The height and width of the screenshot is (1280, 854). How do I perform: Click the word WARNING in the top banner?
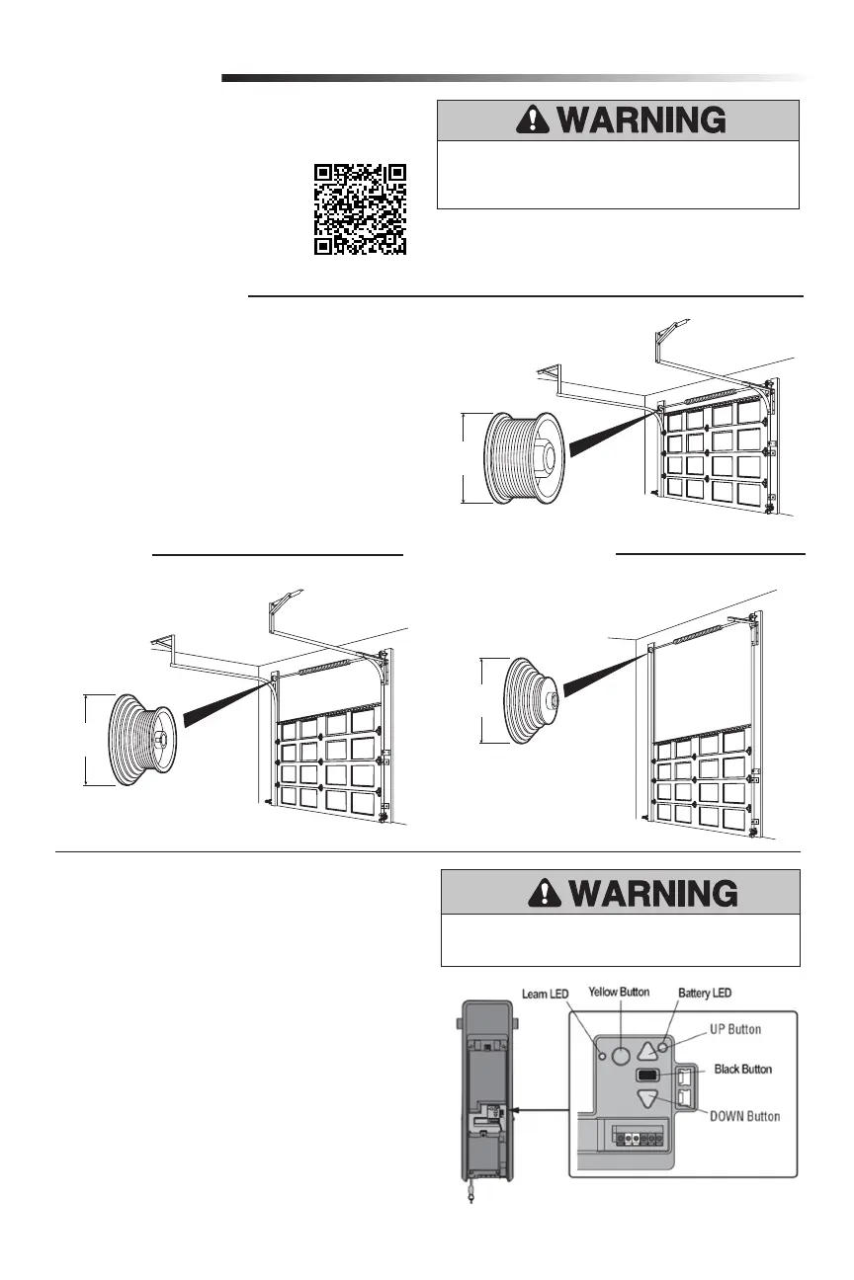coord(641,120)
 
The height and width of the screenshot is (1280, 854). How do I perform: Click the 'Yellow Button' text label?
coord(619,992)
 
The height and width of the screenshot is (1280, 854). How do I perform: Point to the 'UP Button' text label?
coord(734,1029)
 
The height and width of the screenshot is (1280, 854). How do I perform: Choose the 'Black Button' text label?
coord(742,1070)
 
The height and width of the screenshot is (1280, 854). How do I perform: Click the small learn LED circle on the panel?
coord(603,1056)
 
